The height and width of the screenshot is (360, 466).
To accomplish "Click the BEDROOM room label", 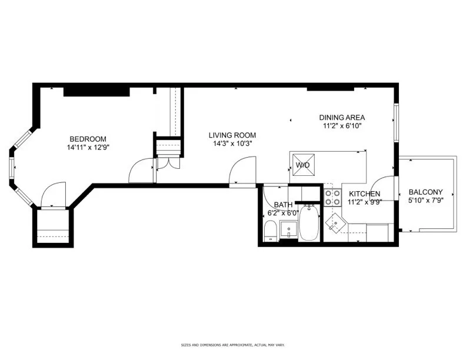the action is [88, 139].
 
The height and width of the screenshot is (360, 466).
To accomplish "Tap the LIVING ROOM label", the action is [232, 135].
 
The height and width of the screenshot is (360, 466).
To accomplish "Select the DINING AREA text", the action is [342, 117].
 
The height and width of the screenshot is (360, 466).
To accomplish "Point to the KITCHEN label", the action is [364, 194].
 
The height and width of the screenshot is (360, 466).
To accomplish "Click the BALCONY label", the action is [425, 192].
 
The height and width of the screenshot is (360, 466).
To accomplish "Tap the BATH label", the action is [283, 205].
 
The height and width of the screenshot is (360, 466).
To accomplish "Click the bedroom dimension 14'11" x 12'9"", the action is [88, 147].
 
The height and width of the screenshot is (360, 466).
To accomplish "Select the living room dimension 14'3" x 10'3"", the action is [232, 144].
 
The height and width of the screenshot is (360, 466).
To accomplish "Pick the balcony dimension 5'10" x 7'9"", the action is [426, 201].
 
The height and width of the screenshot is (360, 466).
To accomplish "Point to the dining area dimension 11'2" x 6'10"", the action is [342, 126].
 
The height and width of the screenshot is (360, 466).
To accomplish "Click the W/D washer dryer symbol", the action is [303, 165].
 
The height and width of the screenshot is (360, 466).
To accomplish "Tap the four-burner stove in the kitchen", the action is [332, 198].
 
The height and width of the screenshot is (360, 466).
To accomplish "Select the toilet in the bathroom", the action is [271, 231].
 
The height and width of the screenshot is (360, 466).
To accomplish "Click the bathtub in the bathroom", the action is [309, 224].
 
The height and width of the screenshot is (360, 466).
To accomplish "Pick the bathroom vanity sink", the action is [288, 229].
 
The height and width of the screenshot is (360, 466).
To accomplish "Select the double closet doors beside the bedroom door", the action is [168, 164].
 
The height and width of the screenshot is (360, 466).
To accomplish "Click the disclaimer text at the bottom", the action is [233, 345].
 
